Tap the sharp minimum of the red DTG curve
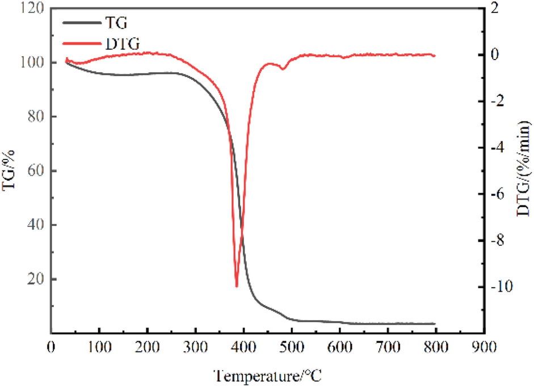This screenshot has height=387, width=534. tap(237, 286)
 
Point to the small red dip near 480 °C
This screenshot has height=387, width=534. tap(282, 69)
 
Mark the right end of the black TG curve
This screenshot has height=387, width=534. tap(434, 323)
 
